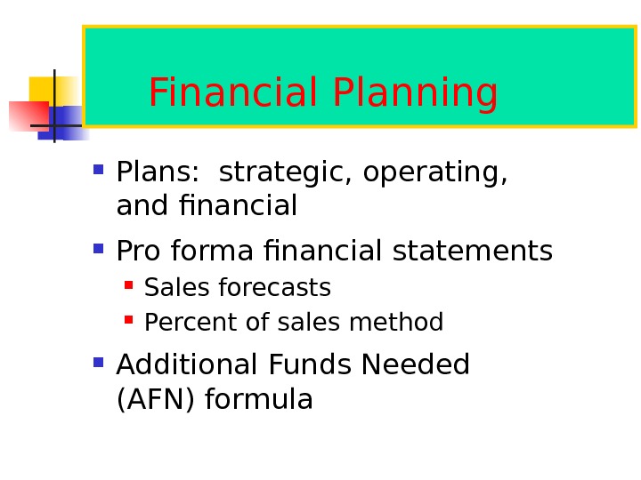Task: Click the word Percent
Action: [x=183, y=322]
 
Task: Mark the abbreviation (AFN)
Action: [x=157, y=400]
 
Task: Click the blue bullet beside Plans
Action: [x=98, y=167]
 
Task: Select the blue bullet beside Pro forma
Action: [x=98, y=249]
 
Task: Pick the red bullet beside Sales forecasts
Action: [x=129, y=285]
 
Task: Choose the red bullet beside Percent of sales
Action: [x=129, y=319]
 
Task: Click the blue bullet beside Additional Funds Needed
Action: [x=98, y=362]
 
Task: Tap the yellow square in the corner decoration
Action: [x=45, y=90]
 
